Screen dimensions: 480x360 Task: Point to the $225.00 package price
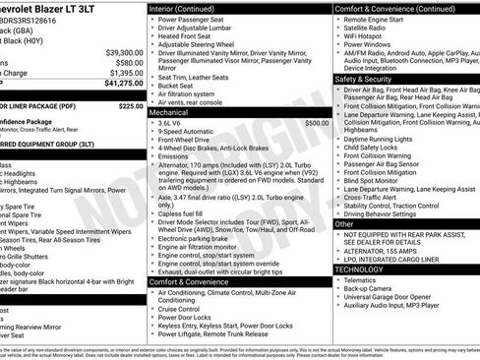[x=129, y=105]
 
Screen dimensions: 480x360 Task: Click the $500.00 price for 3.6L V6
[x=317, y=124]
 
